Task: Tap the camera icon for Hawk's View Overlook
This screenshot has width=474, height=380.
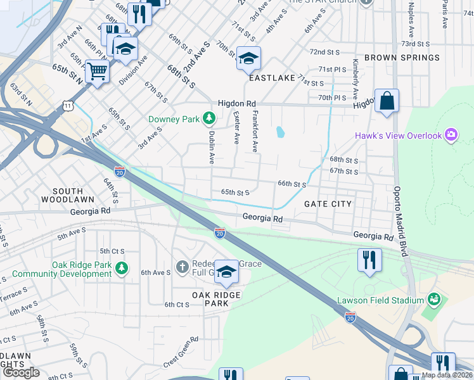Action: click(451, 134)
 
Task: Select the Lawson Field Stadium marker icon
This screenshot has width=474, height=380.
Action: click(434, 298)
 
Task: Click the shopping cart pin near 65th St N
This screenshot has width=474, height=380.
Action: click(97, 71)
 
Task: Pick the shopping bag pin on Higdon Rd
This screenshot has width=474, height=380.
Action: click(387, 101)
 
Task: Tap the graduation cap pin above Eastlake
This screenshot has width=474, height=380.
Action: click(248, 60)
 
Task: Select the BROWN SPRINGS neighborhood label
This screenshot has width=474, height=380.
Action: click(402, 58)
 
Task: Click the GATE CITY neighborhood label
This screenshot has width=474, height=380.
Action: click(328, 204)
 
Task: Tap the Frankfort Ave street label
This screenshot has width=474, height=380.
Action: click(255, 132)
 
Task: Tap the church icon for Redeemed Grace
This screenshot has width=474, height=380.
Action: click(183, 266)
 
